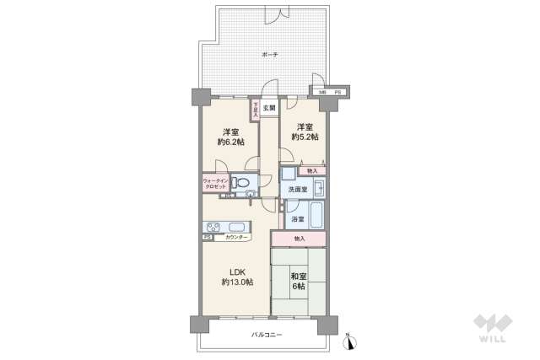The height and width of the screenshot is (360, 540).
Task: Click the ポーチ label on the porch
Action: pyautogui.click(x=269, y=55)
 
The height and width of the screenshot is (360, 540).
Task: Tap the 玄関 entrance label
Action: pyautogui.click(x=268, y=108)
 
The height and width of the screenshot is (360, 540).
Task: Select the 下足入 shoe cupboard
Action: pyautogui.click(x=254, y=110)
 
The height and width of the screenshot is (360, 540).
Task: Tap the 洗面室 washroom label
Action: pyautogui.click(x=297, y=190)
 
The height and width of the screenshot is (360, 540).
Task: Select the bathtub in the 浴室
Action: pyautogui.click(x=315, y=215)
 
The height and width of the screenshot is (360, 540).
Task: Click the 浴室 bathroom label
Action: pyautogui.click(x=297, y=219)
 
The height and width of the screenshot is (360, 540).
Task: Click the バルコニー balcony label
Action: pyautogui.click(x=266, y=335)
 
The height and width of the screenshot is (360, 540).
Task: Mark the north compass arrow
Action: pyautogui.click(x=353, y=341)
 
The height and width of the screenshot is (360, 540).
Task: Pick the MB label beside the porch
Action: pyautogui.click(x=322, y=91)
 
